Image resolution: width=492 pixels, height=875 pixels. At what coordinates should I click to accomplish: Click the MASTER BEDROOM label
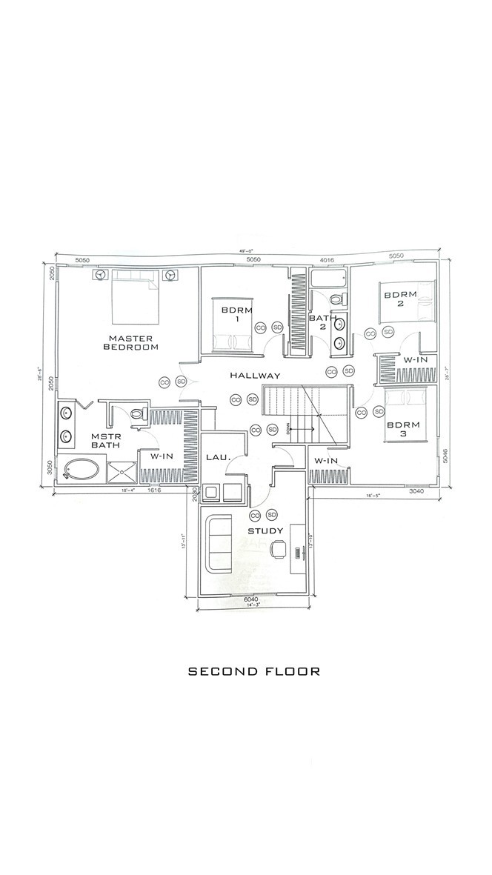131,342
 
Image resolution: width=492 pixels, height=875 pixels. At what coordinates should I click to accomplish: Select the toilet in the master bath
138,414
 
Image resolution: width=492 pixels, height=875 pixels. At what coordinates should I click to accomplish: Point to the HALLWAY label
255,376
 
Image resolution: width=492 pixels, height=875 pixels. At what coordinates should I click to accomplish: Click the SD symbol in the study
272,515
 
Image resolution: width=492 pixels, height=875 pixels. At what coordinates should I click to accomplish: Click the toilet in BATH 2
337,300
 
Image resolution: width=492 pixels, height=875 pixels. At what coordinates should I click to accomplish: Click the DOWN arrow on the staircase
303,429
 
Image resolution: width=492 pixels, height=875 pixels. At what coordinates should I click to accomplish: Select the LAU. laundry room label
219,459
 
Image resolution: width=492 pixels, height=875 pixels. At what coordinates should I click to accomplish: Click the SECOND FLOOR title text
253,672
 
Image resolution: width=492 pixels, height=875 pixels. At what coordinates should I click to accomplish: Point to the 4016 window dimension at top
328,260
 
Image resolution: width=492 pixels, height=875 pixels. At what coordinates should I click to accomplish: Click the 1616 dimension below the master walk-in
154,490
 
